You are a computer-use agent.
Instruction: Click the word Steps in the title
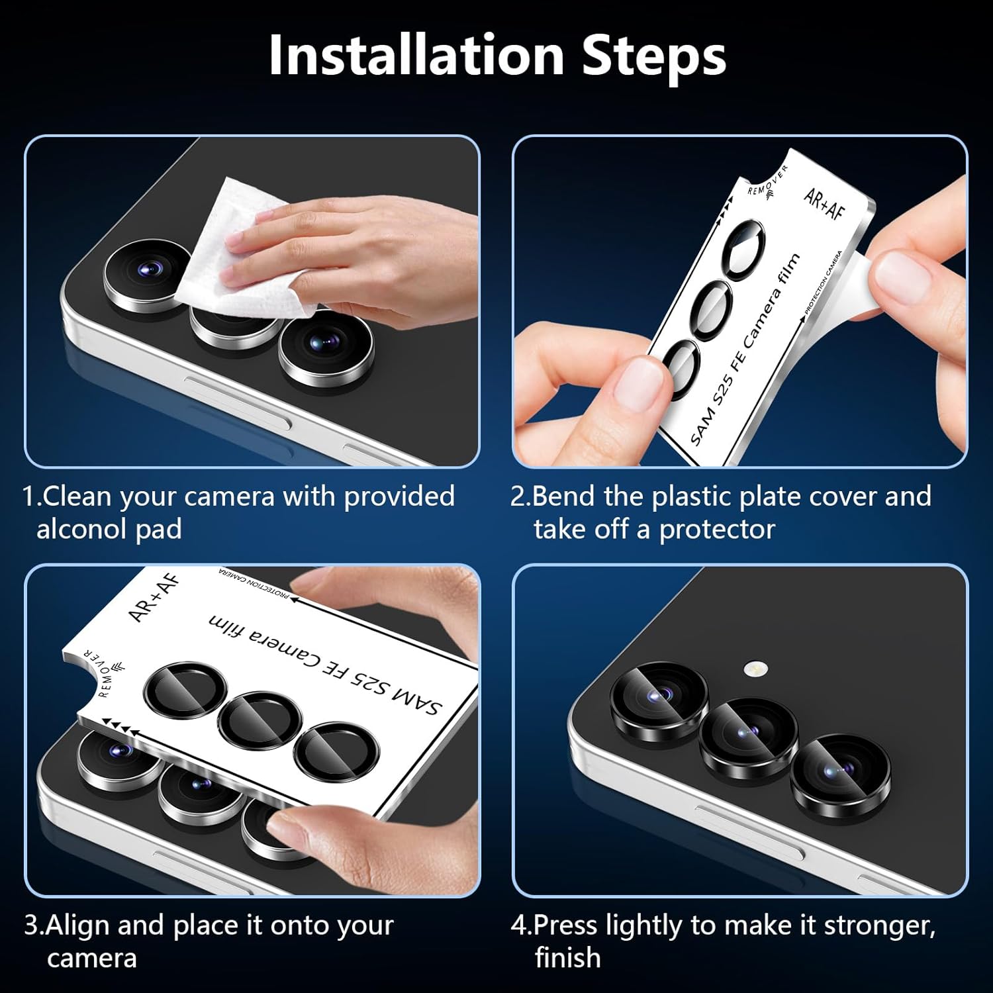pyautogui.click(x=653, y=56)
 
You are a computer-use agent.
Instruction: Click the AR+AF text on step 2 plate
pyautogui.click(x=824, y=204)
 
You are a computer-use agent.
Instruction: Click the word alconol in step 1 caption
pyautogui.click(x=84, y=530)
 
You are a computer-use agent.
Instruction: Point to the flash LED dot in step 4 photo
pyautogui.click(x=753, y=669)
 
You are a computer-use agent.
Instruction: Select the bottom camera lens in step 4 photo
pyautogui.click(x=839, y=773)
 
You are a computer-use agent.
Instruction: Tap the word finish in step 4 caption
pyautogui.click(x=567, y=959)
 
